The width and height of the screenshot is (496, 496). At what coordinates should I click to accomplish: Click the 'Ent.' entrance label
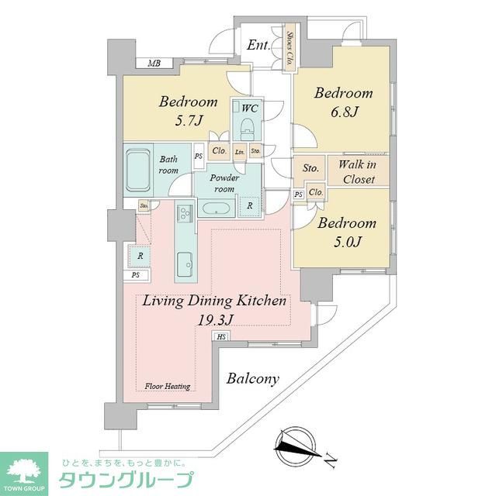coord(258,46)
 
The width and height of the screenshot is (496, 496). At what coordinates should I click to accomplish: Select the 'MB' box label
coord(154,64)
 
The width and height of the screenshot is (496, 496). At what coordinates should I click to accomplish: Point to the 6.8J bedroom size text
coord(342,112)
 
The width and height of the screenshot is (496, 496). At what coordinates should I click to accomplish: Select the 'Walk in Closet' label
coord(356,172)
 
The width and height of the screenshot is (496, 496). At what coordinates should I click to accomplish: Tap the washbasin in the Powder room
coord(213,208)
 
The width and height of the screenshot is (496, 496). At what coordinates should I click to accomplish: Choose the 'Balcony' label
coord(253,379)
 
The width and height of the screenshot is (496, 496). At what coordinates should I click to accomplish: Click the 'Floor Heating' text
coord(167,385)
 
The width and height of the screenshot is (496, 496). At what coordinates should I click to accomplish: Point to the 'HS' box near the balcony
coord(221,336)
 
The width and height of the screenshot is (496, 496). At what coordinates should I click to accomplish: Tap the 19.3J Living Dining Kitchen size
coord(214,319)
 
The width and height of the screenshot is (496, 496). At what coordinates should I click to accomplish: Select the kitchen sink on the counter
coord(185,263)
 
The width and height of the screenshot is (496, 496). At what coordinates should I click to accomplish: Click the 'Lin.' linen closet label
coord(240,151)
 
